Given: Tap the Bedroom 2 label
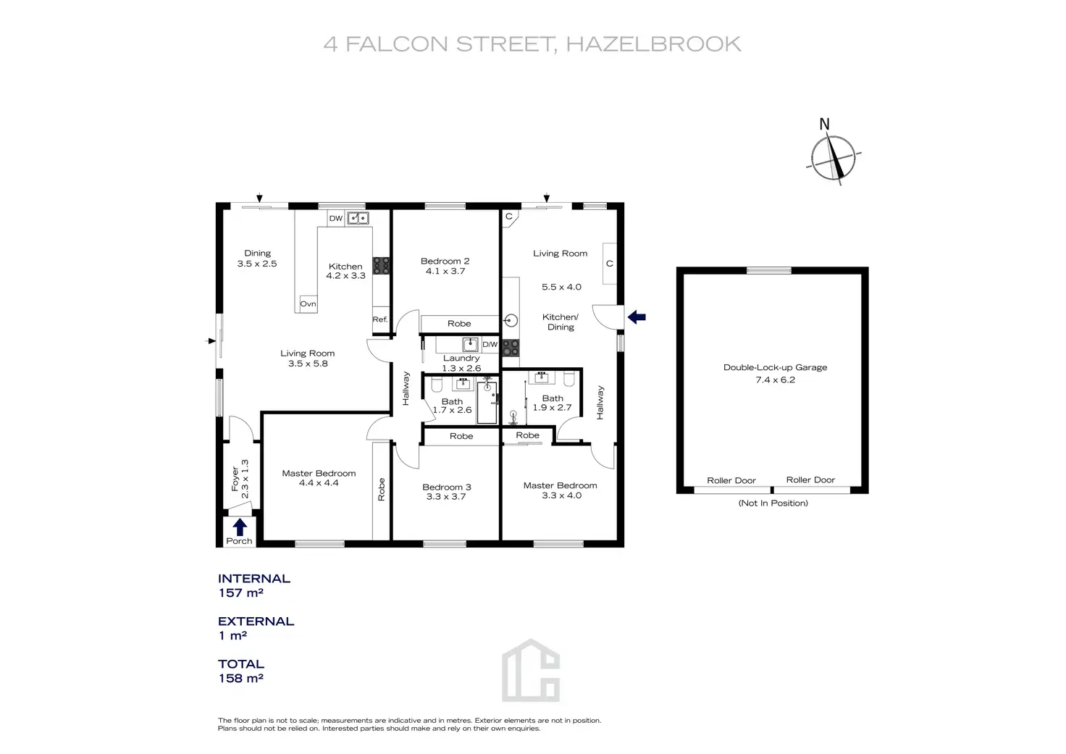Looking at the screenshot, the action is pos(445,261).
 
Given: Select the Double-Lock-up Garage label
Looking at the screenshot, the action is pos(775,367).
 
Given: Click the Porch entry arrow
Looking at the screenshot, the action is pos(240,527).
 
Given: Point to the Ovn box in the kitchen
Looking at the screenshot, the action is pos(309,304).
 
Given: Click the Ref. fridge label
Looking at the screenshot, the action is pos(380,319).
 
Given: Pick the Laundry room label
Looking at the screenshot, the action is pos(461,358).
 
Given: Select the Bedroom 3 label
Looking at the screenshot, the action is pos(447,487).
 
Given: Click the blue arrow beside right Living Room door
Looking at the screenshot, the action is pos(637,317).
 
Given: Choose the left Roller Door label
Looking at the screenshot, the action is pos(731,480).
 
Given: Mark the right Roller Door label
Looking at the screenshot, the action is pos(810,479).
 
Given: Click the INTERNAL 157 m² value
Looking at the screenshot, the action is pos(240,592).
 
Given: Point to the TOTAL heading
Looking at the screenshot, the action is pos(241,663).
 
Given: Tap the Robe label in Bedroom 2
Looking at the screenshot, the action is pos(459,324).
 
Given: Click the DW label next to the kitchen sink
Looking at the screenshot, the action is pos(336,218).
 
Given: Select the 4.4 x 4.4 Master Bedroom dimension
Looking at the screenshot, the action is pos(319,483).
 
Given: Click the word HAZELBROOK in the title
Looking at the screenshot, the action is pos(653,44).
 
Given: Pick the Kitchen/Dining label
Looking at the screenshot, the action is pos(561,322).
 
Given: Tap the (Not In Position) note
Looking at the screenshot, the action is pos(773,503).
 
